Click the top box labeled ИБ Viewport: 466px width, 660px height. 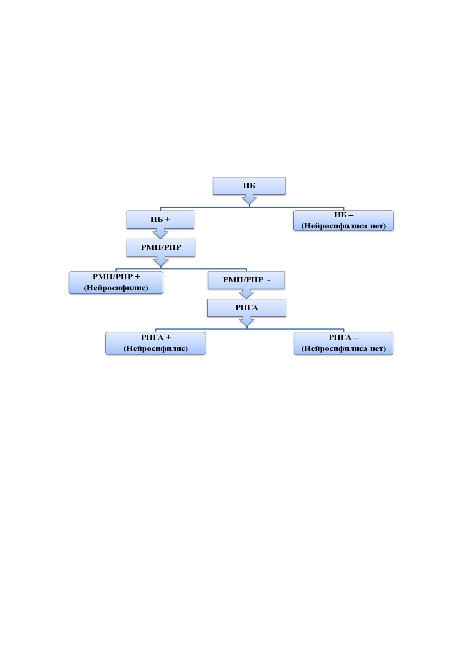tap(249, 186)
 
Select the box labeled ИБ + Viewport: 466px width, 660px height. tap(160, 220)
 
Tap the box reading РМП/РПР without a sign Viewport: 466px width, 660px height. tap(161, 248)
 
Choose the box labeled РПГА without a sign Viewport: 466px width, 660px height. tap(247, 308)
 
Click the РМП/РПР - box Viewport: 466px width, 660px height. tap(246, 280)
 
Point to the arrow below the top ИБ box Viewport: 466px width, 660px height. tap(249, 199)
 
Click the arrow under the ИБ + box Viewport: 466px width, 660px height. tap(160, 233)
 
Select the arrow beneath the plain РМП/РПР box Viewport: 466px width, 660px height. tap(161, 261)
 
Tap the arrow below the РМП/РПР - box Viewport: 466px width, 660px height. tap(246, 294)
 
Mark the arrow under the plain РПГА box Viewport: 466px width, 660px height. tap(247, 321)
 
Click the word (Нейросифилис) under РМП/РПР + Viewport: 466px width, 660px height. tap(116, 288)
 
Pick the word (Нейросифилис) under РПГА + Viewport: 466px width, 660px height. tap(156, 348)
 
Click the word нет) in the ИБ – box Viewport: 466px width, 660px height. tap(378, 226)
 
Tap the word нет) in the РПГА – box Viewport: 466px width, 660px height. tap(378, 349)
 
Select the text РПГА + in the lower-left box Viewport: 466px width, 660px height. tap(156, 337)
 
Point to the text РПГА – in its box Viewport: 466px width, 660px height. tap(343, 337)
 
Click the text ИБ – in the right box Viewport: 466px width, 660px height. tap(343, 215)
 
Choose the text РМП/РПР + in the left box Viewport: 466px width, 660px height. tap(116, 277)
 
